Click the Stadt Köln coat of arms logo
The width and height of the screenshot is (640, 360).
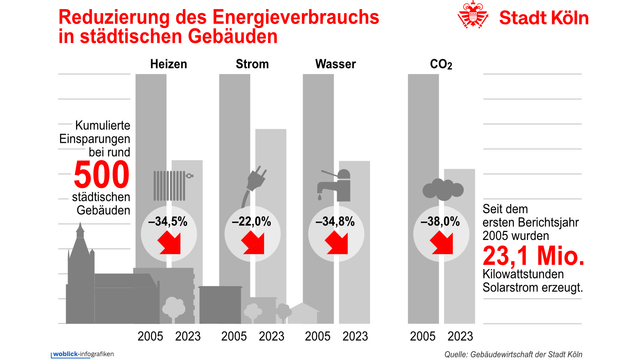pos(473,15)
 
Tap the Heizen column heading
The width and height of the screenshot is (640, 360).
pos(168,64)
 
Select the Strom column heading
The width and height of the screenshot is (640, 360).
pos(252,64)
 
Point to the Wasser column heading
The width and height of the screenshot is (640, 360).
pos(335,64)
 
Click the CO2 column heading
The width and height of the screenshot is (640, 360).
pos(441,64)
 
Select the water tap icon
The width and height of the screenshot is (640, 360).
pos(334,186)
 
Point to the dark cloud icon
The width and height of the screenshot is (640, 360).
pos(443,190)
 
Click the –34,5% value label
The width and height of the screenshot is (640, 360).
pos(168,222)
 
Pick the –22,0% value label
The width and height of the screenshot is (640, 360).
pos(252,222)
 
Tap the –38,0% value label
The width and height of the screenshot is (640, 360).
pos(440,222)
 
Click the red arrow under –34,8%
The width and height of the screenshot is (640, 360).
pos(336,243)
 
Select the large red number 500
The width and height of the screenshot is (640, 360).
pos(102,175)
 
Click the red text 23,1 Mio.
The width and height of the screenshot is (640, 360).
pos(533,256)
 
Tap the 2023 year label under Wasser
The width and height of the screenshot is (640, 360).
pos(355,336)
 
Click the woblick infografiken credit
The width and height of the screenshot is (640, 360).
pos(83,354)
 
